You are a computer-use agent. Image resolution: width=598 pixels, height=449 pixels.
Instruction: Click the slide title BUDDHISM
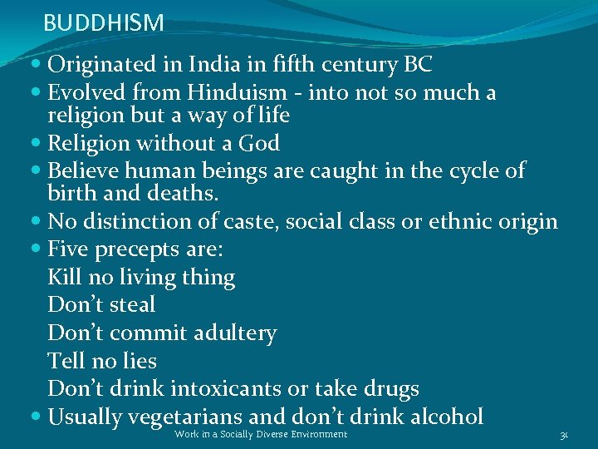point(104,22)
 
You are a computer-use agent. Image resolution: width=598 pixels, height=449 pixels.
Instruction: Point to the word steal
point(132,305)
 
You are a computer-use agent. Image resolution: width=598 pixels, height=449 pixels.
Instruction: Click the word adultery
point(235,333)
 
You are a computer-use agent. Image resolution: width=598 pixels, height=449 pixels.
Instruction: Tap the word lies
point(140,361)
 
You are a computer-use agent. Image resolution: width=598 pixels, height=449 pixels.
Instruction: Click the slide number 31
point(564,435)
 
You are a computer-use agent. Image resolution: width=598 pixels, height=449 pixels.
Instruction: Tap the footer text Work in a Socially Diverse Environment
point(261,435)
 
